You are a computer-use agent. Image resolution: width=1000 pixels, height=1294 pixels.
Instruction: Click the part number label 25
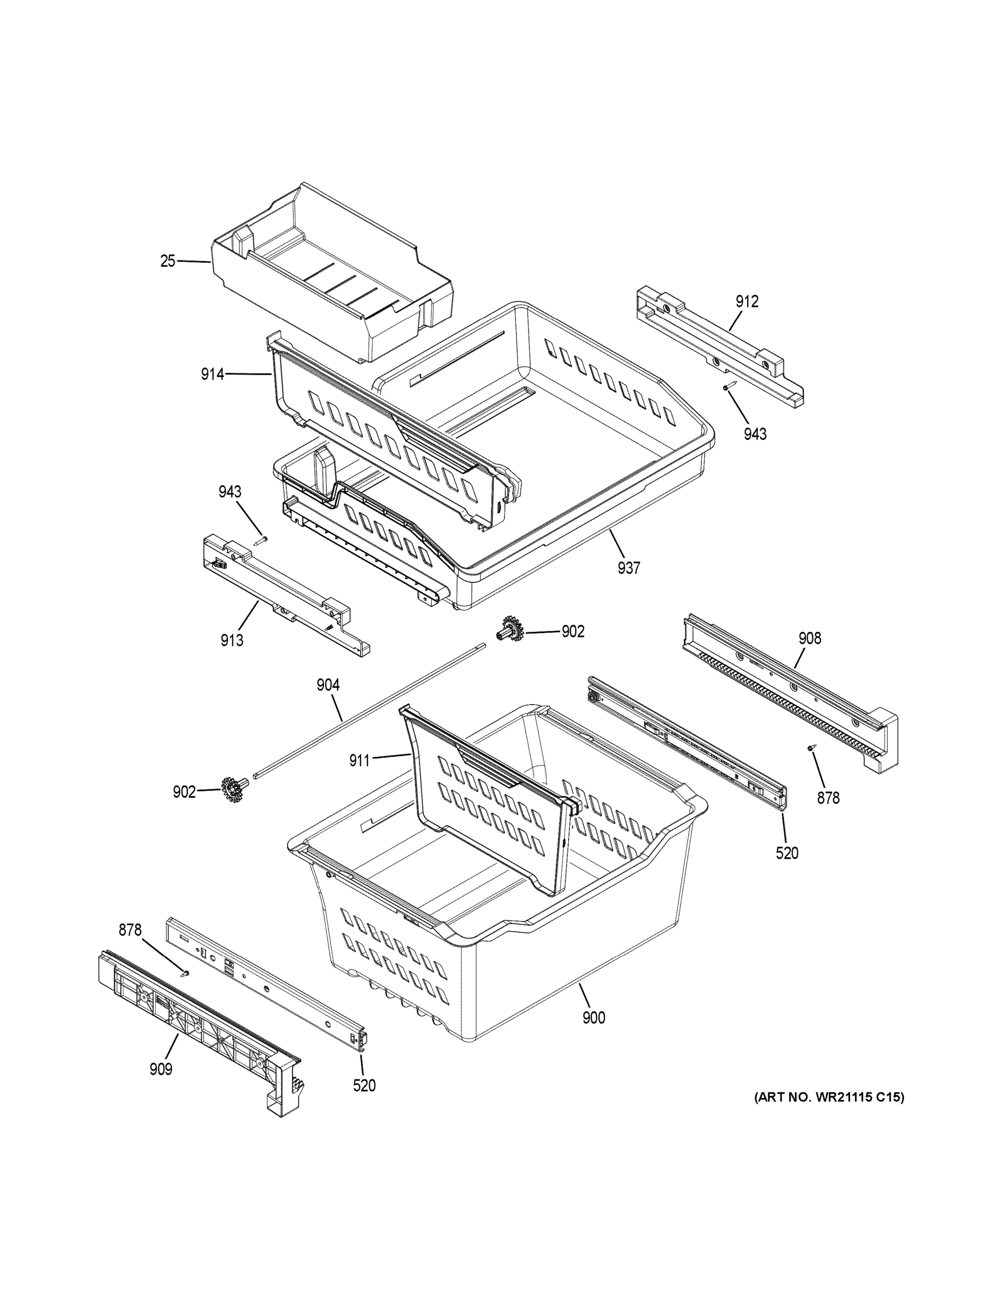click(x=168, y=261)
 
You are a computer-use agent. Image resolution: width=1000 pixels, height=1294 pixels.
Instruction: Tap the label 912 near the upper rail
click(x=747, y=301)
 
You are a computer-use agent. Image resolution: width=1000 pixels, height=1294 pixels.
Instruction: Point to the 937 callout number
click(x=629, y=568)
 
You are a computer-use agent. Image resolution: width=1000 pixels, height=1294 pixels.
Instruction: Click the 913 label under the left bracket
click(x=232, y=641)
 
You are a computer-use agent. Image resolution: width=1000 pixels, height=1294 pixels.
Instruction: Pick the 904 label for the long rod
click(x=328, y=685)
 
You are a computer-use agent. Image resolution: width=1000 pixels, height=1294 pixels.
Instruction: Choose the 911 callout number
click(x=359, y=760)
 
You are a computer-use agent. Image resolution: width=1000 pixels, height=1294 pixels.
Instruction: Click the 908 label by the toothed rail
click(x=809, y=638)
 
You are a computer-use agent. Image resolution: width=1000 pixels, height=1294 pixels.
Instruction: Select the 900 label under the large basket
click(x=593, y=1018)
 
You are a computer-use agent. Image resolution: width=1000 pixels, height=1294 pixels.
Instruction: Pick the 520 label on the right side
click(x=787, y=853)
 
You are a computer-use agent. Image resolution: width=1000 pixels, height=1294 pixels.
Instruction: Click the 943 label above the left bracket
click(x=229, y=492)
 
